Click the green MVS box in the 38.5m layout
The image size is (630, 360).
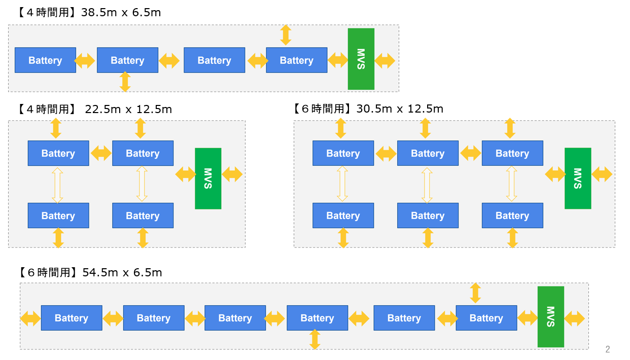[x=361, y=59]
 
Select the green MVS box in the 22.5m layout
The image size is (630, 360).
[x=208, y=178]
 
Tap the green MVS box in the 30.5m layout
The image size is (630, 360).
[x=578, y=178]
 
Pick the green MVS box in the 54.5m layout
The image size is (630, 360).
[x=551, y=317]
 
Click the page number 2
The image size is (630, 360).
[x=608, y=349]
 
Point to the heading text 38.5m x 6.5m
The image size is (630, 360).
[x=121, y=12]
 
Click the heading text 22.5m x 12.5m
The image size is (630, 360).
[x=128, y=109]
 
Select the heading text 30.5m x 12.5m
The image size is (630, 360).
[x=400, y=109]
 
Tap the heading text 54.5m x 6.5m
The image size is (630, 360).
[x=122, y=273]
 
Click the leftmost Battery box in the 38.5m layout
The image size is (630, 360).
[x=45, y=60]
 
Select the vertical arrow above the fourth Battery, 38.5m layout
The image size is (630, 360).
[x=286, y=35]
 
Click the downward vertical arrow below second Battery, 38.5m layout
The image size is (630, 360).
[x=125, y=82]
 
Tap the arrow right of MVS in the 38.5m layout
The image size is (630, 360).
[x=385, y=61]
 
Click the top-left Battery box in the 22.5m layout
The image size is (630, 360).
[x=58, y=153]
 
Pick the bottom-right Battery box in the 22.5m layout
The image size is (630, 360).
[x=143, y=215]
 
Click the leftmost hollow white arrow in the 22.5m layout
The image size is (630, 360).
[x=57, y=185]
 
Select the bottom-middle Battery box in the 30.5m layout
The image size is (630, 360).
[x=428, y=215]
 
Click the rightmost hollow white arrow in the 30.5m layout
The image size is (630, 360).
[x=511, y=185]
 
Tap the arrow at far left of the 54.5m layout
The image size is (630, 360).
[x=30, y=318]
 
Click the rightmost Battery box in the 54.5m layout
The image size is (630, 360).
[x=486, y=318]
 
